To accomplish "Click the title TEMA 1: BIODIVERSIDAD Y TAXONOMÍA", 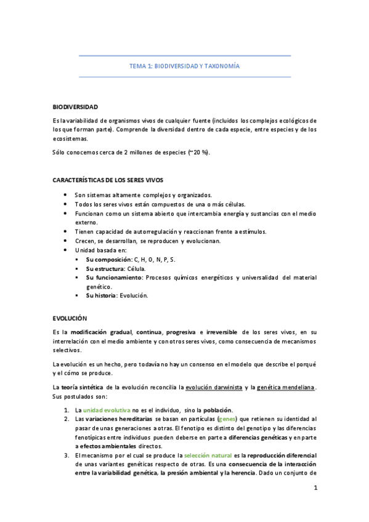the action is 184,65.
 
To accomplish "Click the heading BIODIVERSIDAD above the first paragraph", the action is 76,107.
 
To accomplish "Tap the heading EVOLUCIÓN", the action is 70,318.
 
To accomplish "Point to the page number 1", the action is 315,506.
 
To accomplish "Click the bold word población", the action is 217,411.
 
